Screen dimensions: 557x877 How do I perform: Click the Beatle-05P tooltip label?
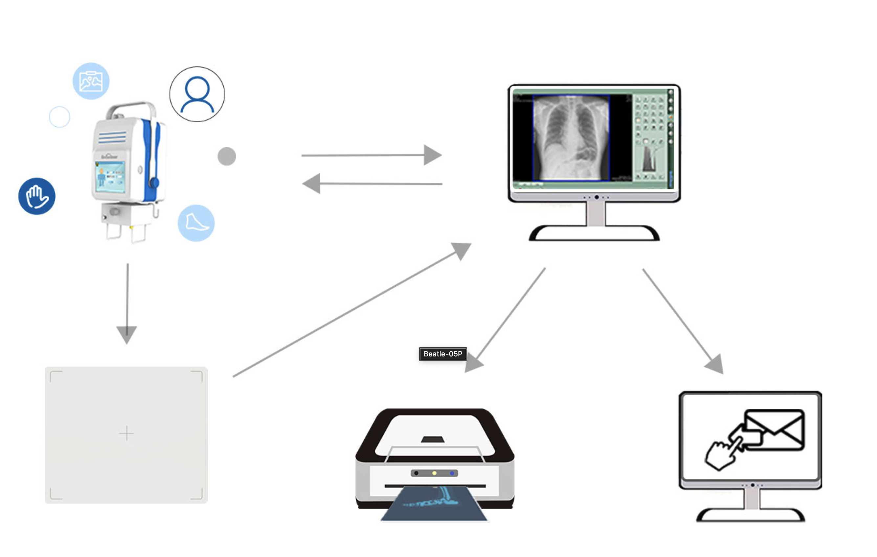(x=442, y=354)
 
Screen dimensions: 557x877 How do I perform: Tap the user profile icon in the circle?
(x=197, y=94)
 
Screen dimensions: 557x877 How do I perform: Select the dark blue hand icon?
(x=37, y=196)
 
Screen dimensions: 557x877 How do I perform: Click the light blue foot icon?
(x=196, y=223)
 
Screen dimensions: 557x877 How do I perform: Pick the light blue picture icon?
(x=91, y=81)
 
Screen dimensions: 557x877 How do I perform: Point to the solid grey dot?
(x=227, y=157)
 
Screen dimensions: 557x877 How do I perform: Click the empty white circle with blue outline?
(x=59, y=117)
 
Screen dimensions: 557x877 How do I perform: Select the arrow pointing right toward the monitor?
(x=371, y=155)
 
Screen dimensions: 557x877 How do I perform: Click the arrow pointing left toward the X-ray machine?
(x=371, y=183)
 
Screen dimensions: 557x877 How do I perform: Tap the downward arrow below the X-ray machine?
(x=127, y=303)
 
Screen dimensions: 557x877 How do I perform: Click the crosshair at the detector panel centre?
(x=126, y=433)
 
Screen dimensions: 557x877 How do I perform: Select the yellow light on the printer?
(x=434, y=473)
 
